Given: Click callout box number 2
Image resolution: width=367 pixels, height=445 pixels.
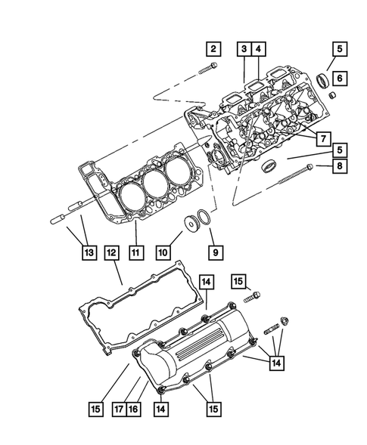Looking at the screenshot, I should click(213, 50).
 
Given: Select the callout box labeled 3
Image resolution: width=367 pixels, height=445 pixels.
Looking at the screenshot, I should click(244, 50).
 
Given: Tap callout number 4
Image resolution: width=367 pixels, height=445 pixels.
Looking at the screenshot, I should click(259, 50).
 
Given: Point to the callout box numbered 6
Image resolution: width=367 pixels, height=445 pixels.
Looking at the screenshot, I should click(340, 77).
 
